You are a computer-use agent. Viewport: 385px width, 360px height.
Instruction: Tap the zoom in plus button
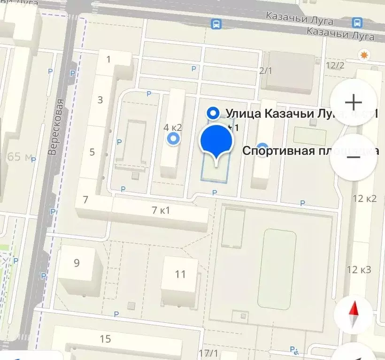[353, 102]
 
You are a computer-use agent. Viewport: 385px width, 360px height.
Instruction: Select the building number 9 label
[77, 263]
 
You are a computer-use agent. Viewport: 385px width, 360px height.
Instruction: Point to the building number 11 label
[180, 274]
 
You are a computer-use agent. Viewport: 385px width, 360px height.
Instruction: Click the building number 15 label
[105, 338]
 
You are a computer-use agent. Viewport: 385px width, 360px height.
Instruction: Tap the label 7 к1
[161, 210]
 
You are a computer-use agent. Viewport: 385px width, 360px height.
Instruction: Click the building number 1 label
[109, 59]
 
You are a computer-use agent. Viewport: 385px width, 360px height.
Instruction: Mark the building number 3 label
[100, 100]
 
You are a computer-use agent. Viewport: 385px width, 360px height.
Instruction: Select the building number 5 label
[92, 152]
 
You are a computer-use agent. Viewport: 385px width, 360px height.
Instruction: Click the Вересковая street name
[56, 127]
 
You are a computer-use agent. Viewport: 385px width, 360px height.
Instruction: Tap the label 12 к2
[365, 198]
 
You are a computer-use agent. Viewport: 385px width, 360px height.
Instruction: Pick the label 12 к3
[359, 269]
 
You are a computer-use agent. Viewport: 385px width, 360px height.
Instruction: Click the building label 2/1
[266, 71]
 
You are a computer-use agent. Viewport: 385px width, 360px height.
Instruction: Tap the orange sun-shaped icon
[363, 55]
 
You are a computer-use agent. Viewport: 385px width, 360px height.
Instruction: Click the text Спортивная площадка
[310, 151]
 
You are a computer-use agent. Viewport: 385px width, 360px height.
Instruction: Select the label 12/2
[334, 65]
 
